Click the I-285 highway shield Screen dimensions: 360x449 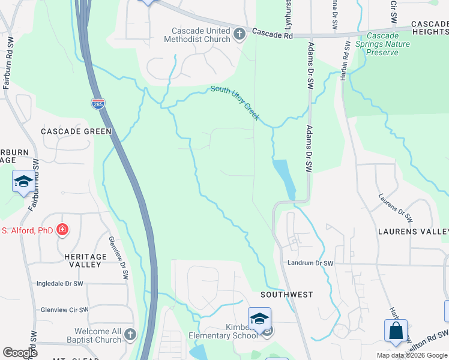pos(98,104)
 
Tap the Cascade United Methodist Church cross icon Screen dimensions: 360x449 pos(239,34)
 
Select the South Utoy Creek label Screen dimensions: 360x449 pos(235,102)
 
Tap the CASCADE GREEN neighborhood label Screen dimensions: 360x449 pos(76,131)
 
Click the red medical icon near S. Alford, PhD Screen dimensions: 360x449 pos(62,229)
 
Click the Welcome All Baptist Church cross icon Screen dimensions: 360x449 pos(131,334)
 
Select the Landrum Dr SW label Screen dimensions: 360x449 pos(310,263)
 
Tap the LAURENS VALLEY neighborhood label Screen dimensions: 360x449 pos(413,232)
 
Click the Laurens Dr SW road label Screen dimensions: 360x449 pos(396,208)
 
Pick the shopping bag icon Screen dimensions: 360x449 pos(396,331)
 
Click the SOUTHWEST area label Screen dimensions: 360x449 pos(287,295)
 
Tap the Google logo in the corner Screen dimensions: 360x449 pos(20,353)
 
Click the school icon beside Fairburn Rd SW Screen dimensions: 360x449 pos(23,181)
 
